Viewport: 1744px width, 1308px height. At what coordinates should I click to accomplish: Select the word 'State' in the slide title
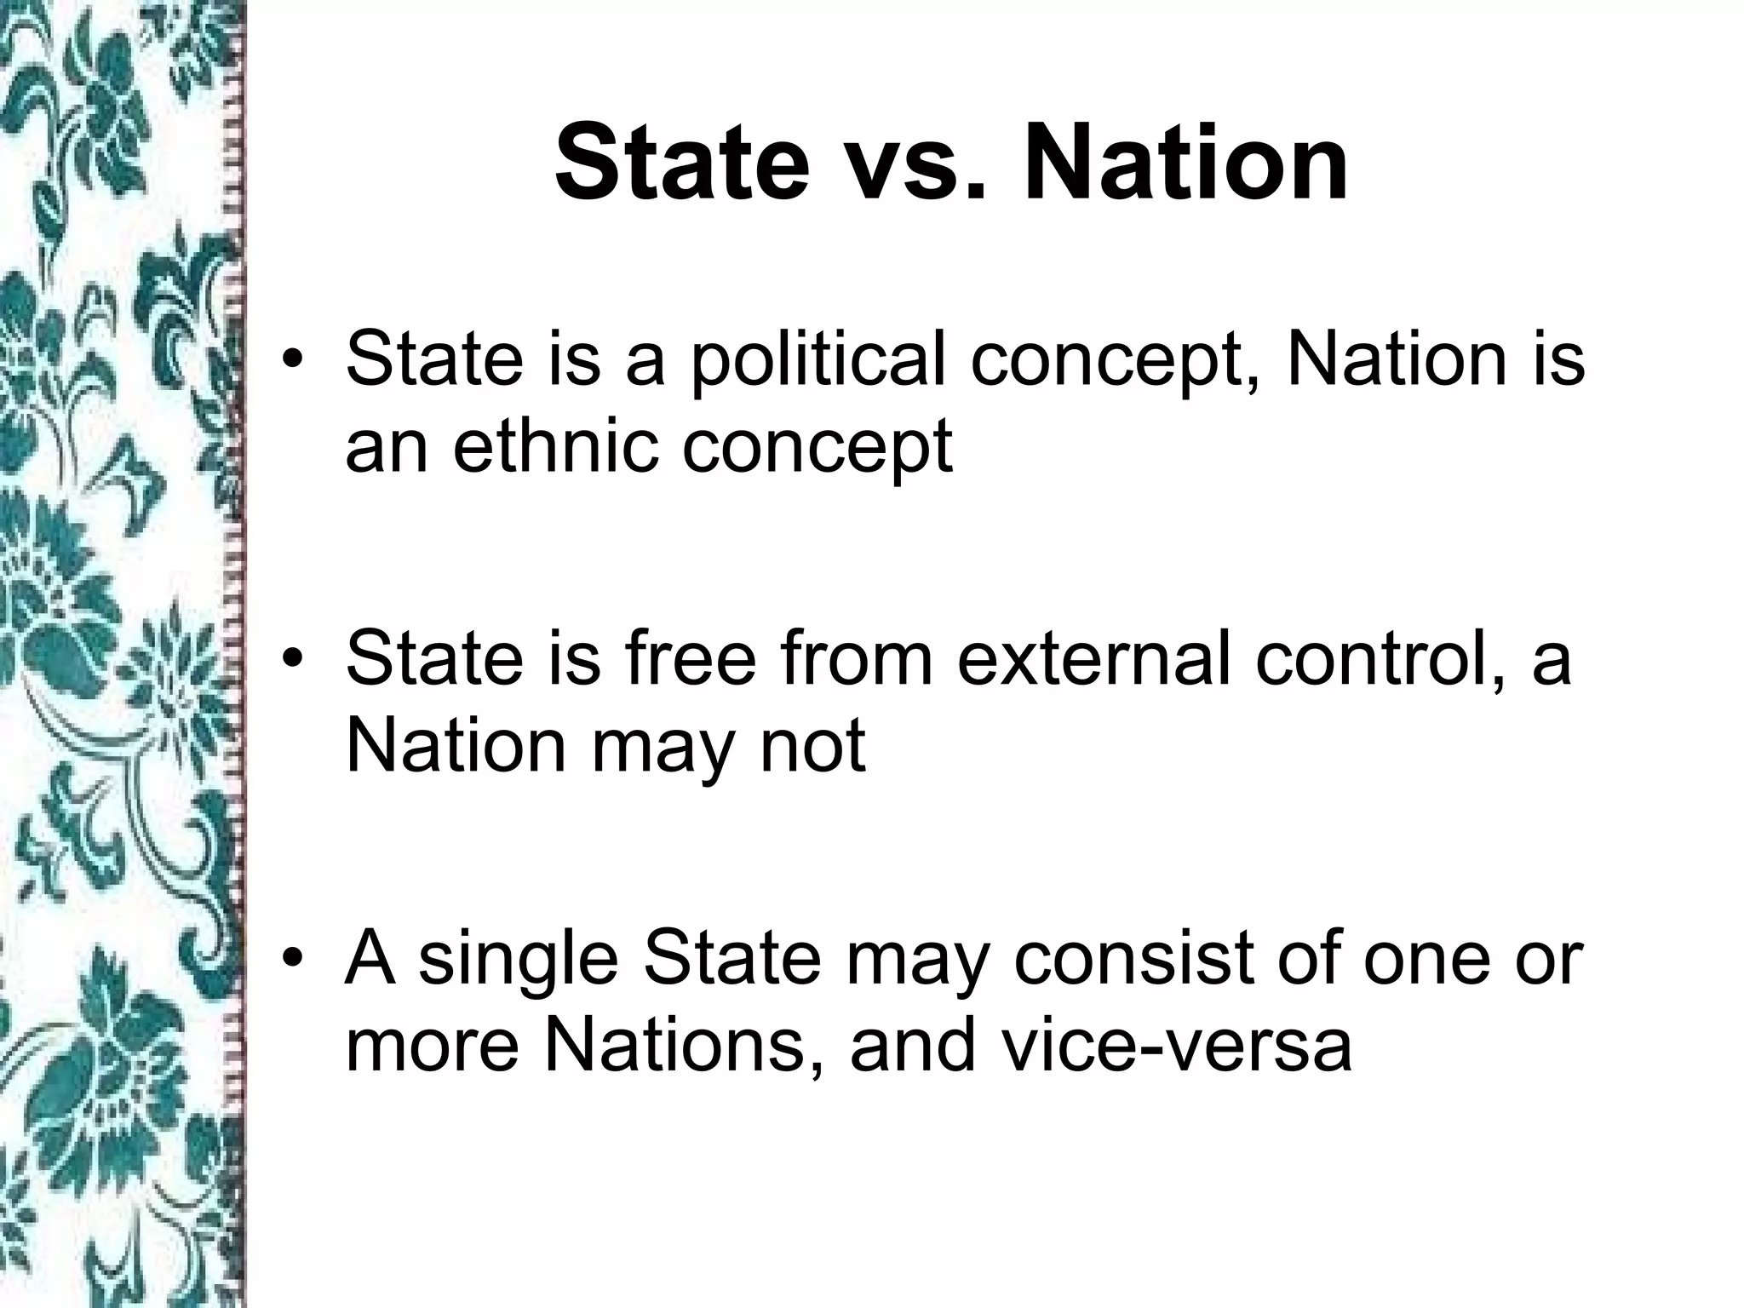tap(681, 162)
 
